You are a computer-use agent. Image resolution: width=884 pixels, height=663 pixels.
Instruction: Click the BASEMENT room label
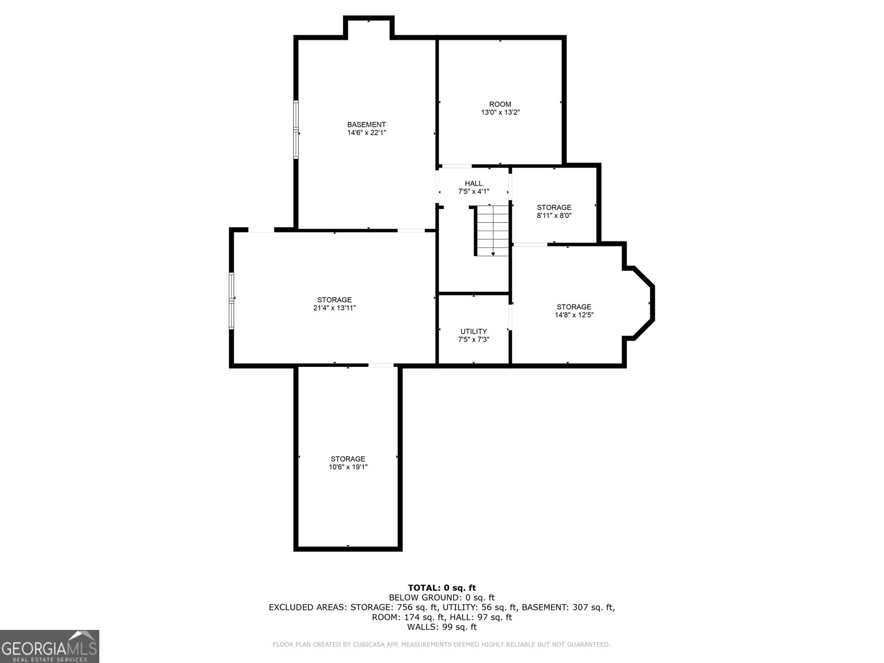pyautogui.click(x=366, y=125)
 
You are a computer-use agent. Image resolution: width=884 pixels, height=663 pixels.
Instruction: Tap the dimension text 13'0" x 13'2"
pyautogui.click(x=500, y=112)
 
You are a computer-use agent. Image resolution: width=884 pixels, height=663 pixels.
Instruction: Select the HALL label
pyautogui.click(x=473, y=183)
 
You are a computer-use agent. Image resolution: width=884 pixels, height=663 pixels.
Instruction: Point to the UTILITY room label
pyautogui.click(x=473, y=331)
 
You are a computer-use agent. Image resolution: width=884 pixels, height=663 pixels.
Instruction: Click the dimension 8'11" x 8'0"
pyautogui.click(x=554, y=215)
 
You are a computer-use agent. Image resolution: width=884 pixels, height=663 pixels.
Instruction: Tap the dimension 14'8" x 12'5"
pyautogui.click(x=573, y=315)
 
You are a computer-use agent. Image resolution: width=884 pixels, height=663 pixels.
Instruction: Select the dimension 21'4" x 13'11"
pyautogui.click(x=334, y=308)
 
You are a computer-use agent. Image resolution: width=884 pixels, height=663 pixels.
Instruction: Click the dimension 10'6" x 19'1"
pyautogui.click(x=348, y=467)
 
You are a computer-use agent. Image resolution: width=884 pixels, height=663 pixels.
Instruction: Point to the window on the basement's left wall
pyautogui.click(x=296, y=130)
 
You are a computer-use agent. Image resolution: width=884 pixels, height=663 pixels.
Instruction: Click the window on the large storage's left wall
pyautogui.click(x=232, y=301)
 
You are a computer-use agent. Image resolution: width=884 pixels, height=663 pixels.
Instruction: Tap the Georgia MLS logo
pyautogui.click(x=50, y=646)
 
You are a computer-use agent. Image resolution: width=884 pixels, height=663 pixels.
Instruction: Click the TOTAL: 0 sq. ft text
pyautogui.click(x=441, y=588)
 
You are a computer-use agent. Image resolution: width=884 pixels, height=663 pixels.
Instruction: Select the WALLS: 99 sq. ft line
pyautogui.click(x=441, y=627)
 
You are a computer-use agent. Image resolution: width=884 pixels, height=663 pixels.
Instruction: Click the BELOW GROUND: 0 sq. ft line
pyautogui.click(x=441, y=597)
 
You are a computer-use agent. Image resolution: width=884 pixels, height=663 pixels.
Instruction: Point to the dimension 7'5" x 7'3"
pyautogui.click(x=473, y=340)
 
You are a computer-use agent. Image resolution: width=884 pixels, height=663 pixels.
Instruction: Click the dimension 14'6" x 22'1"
pyautogui.click(x=366, y=133)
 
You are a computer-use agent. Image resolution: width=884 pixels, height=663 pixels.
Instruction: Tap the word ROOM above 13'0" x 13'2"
pyautogui.click(x=500, y=104)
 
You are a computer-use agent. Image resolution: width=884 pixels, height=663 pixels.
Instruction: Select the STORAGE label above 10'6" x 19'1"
pyautogui.click(x=348, y=459)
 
